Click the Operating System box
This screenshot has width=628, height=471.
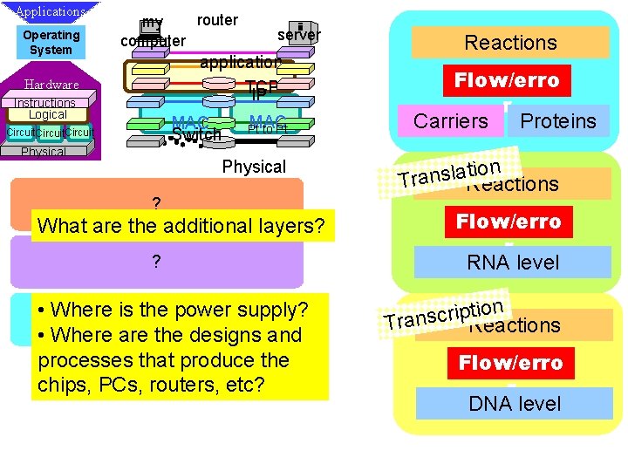(51, 42)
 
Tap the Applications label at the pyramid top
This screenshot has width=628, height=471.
(50, 12)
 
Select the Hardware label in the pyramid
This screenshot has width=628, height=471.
(51, 85)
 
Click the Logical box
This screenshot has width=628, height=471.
(48, 114)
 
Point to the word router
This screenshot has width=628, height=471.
(217, 20)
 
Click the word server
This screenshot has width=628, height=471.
(299, 35)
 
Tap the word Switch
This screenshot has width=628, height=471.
(196, 135)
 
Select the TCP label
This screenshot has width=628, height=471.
(262, 89)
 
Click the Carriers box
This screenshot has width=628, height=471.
(451, 121)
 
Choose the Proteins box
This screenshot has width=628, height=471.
(558, 121)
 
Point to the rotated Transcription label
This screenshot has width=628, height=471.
(444, 312)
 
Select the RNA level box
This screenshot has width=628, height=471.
(513, 263)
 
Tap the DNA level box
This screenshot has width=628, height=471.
(515, 404)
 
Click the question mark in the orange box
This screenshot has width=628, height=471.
(156, 204)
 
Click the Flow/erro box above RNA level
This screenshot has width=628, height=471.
(508, 222)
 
